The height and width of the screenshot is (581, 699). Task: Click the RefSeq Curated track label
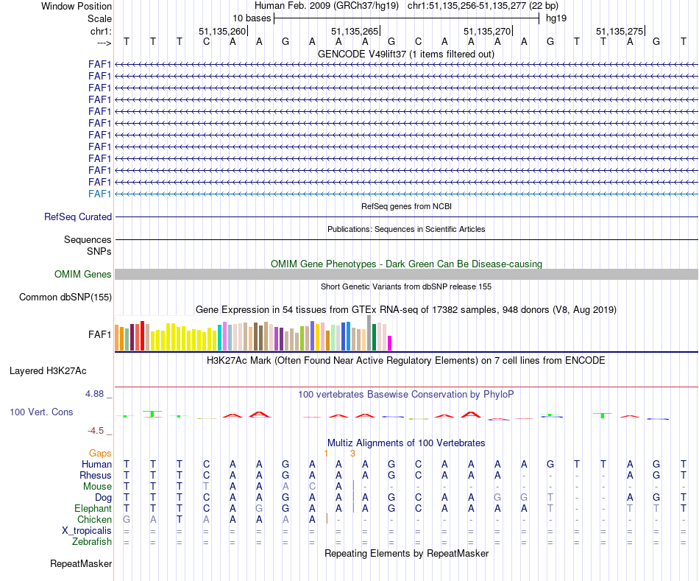tap(78, 217)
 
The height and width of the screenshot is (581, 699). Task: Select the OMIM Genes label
tap(83, 275)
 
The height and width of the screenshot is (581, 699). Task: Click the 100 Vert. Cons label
tap(41, 412)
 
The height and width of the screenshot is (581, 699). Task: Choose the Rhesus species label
tap(96, 475)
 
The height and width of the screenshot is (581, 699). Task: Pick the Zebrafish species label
tap(92, 542)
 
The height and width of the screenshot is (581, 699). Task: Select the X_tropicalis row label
tap(88, 531)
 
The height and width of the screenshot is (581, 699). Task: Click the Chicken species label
tap(94, 520)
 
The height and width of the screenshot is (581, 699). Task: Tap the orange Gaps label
tap(101, 454)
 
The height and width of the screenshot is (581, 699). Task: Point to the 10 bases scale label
tap(252, 18)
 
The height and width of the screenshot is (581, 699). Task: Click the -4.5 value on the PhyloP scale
tap(97, 431)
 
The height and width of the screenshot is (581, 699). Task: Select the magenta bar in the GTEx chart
tap(390, 343)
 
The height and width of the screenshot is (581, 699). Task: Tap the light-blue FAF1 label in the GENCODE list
tap(100, 194)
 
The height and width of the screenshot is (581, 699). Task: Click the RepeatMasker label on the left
tap(81, 565)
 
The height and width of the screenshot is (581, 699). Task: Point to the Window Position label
tap(77, 6)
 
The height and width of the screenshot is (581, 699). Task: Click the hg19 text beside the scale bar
tap(556, 18)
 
